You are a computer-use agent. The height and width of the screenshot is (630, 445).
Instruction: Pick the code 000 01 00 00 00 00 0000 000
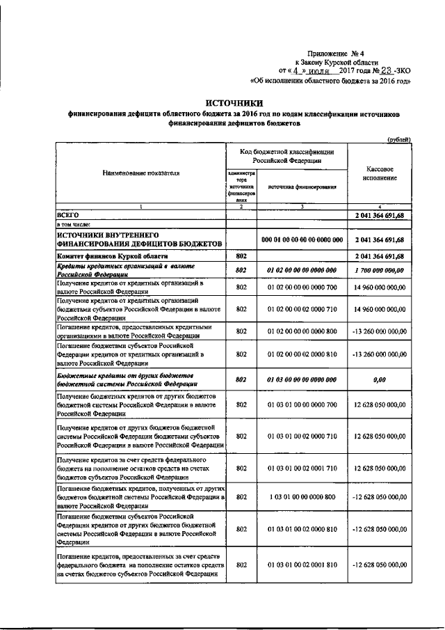point(302,240)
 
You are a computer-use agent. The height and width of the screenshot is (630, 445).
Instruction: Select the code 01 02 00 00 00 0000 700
point(302,286)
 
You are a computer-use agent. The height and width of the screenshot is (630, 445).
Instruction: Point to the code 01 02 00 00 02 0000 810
point(302,354)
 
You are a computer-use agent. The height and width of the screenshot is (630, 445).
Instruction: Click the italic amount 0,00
point(379,380)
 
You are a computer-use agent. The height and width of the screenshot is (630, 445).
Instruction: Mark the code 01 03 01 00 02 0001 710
point(302,469)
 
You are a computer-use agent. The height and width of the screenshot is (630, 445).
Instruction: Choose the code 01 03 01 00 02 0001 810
point(302,565)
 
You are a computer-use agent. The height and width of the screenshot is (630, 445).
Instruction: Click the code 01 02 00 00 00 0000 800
point(302,331)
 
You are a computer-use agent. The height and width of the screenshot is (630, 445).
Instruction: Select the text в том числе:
point(74,226)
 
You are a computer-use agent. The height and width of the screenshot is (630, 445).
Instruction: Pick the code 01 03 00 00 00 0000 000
point(302,380)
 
